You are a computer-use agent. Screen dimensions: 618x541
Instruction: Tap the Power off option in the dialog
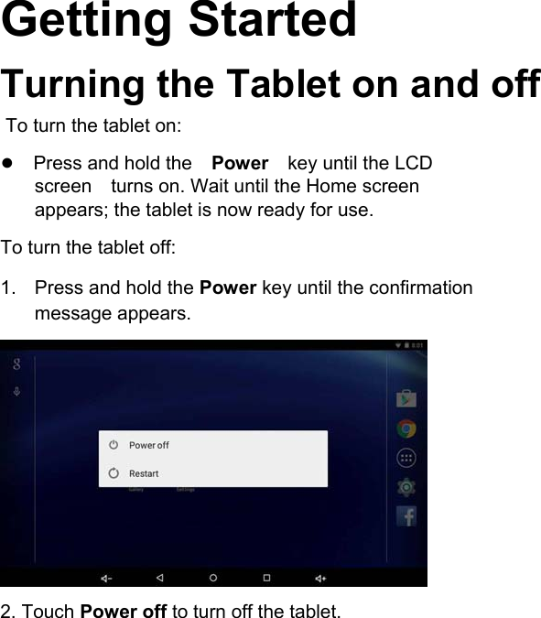148,445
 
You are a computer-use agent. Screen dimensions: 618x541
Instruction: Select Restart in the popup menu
143,473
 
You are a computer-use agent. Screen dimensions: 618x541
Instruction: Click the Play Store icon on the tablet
406,398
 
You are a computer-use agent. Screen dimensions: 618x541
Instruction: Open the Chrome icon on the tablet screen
406,428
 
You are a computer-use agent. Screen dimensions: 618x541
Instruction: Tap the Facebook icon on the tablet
406,516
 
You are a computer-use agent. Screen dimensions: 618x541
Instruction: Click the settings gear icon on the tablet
406,487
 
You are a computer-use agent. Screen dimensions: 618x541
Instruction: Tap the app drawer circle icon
406,458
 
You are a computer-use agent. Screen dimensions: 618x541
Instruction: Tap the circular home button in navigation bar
213,578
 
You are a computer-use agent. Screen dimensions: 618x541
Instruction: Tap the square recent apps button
266,578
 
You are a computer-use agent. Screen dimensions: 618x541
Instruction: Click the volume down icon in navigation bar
106,578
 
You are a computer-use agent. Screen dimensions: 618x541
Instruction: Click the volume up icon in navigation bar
320,578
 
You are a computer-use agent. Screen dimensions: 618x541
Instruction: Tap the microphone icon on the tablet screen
16,392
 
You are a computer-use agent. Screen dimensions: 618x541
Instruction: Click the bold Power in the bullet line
240,164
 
